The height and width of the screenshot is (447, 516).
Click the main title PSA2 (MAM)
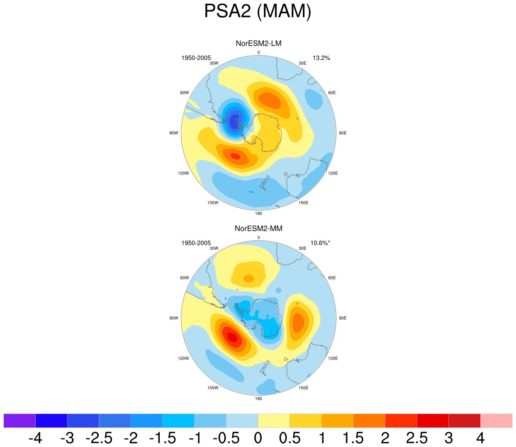[x=258, y=11]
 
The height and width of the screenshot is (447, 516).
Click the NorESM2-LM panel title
[x=258, y=44]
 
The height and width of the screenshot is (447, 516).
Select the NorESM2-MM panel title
[x=258, y=228]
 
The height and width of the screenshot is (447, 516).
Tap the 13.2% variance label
[x=321, y=58]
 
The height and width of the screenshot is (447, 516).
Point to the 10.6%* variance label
[x=320, y=243]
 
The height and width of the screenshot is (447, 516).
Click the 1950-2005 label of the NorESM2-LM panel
[x=196, y=58]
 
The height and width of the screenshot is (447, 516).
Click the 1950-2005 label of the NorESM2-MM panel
[x=196, y=243]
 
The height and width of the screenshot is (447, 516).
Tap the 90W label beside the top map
[x=174, y=133]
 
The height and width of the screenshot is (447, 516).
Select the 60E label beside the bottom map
[x=332, y=278]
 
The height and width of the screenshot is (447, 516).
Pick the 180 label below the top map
[x=258, y=214]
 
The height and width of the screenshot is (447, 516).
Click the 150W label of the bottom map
[x=213, y=388]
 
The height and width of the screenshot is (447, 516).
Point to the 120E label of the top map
[x=333, y=173]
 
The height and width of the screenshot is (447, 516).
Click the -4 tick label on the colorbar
[x=35, y=438]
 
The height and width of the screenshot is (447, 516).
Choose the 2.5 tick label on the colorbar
[x=416, y=438]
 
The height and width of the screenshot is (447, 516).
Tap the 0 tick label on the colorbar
[x=258, y=438]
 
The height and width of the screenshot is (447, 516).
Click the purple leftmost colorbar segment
[x=19, y=420]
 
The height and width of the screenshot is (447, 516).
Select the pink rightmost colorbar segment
[x=496, y=420]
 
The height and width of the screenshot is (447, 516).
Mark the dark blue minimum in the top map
[x=234, y=121]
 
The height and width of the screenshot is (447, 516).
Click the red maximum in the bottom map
[x=232, y=337]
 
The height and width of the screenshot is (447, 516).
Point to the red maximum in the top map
[x=235, y=156]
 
